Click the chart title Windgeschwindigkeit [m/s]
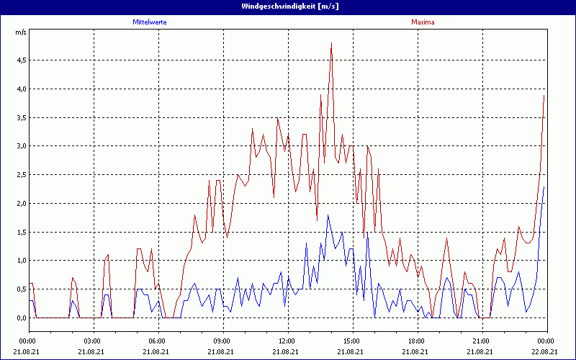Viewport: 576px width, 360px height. (x=287, y=6)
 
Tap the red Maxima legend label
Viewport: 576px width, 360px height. (x=423, y=22)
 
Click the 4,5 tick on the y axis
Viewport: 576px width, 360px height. (x=20, y=60)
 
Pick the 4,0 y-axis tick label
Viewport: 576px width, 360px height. (x=20, y=89)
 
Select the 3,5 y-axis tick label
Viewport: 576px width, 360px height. (x=20, y=117)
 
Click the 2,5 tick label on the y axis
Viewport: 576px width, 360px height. (x=20, y=174)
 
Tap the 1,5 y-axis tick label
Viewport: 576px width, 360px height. (x=20, y=232)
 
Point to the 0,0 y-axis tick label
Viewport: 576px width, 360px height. (x=20, y=318)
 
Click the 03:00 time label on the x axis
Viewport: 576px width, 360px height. (x=94, y=341)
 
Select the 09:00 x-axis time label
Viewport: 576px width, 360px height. (x=223, y=341)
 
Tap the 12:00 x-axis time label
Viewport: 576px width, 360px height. (x=288, y=341)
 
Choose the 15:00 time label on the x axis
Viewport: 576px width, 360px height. (x=353, y=341)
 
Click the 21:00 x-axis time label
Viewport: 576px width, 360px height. (x=482, y=341)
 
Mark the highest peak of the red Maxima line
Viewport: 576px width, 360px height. (x=331, y=43)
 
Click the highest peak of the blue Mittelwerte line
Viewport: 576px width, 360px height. (x=328, y=215)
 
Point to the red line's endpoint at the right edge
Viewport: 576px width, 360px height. (x=544, y=94)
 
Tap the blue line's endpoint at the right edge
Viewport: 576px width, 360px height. (x=544, y=186)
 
